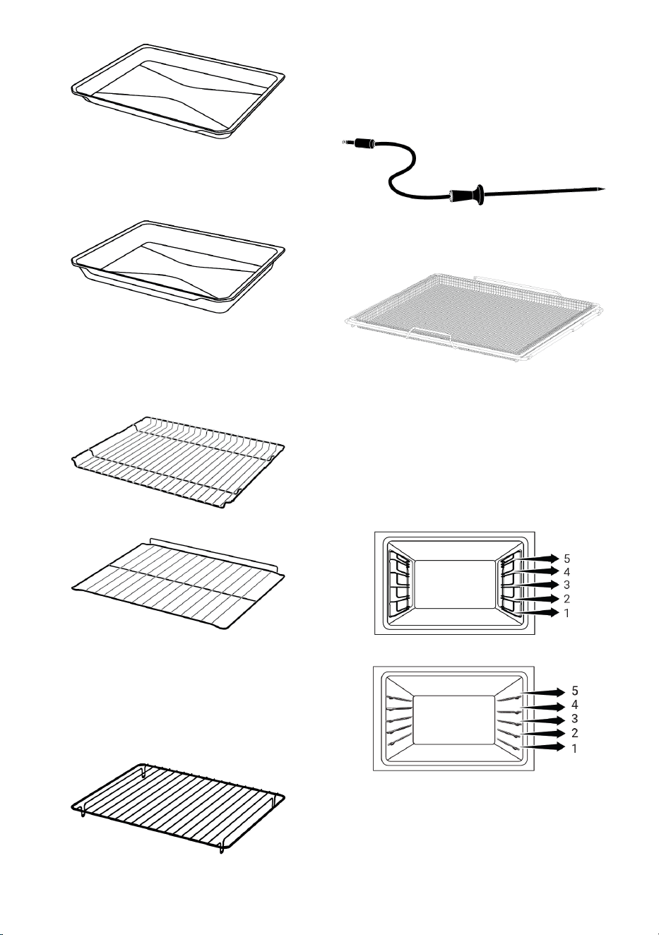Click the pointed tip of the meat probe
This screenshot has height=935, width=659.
point(604,189)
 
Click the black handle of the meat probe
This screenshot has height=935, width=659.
point(466,195)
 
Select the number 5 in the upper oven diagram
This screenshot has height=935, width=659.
point(566,559)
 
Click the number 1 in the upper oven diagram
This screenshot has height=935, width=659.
point(566,613)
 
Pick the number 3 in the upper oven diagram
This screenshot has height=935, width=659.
point(566,585)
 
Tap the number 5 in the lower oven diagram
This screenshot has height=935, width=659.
point(575,691)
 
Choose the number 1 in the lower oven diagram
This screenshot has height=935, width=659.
point(575,749)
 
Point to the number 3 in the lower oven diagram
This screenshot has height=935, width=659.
point(575,719)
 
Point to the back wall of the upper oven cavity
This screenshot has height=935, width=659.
point(456,584)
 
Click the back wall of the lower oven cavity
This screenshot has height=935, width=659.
point(453,719)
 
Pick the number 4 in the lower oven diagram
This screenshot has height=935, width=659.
point(575,705)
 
